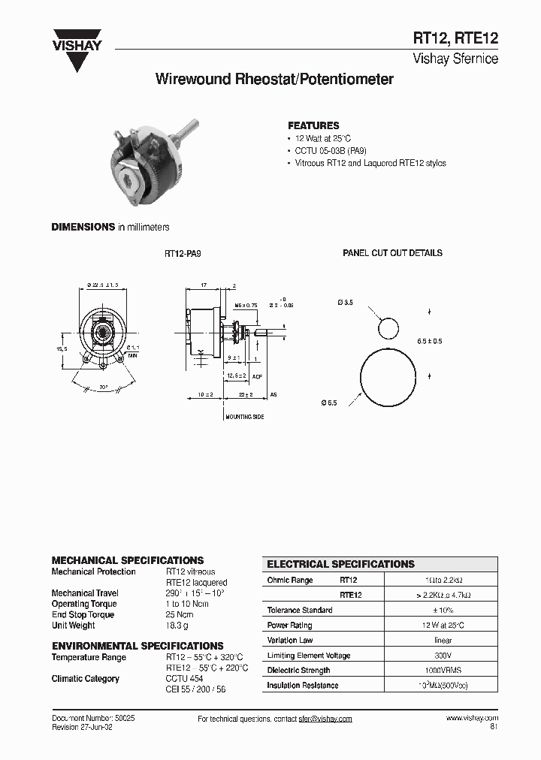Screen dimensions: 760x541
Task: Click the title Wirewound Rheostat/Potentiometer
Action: tap(274, 79)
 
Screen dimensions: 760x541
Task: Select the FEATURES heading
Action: tap(313, 125)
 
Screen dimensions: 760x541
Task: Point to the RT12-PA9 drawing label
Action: tap(183, 254)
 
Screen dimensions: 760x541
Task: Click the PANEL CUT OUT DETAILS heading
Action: tap(392, 253)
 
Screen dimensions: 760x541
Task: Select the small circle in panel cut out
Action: tap(388, 328)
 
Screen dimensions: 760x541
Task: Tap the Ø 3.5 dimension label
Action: tap(345, 302)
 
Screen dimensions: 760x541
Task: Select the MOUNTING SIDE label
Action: tap(245, 417)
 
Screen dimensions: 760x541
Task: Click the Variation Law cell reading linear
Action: tap(443, 641)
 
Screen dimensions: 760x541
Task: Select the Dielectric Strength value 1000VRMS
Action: tap(443, 670)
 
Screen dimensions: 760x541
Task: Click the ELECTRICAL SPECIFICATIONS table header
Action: tap(341, 564)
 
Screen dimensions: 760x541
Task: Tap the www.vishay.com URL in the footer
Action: tap(471, 719)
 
